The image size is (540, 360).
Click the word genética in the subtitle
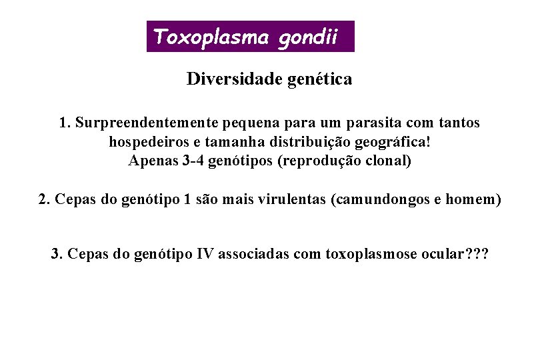(321, 79)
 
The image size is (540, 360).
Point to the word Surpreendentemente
(147, 123)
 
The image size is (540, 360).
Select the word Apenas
(152, 161)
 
